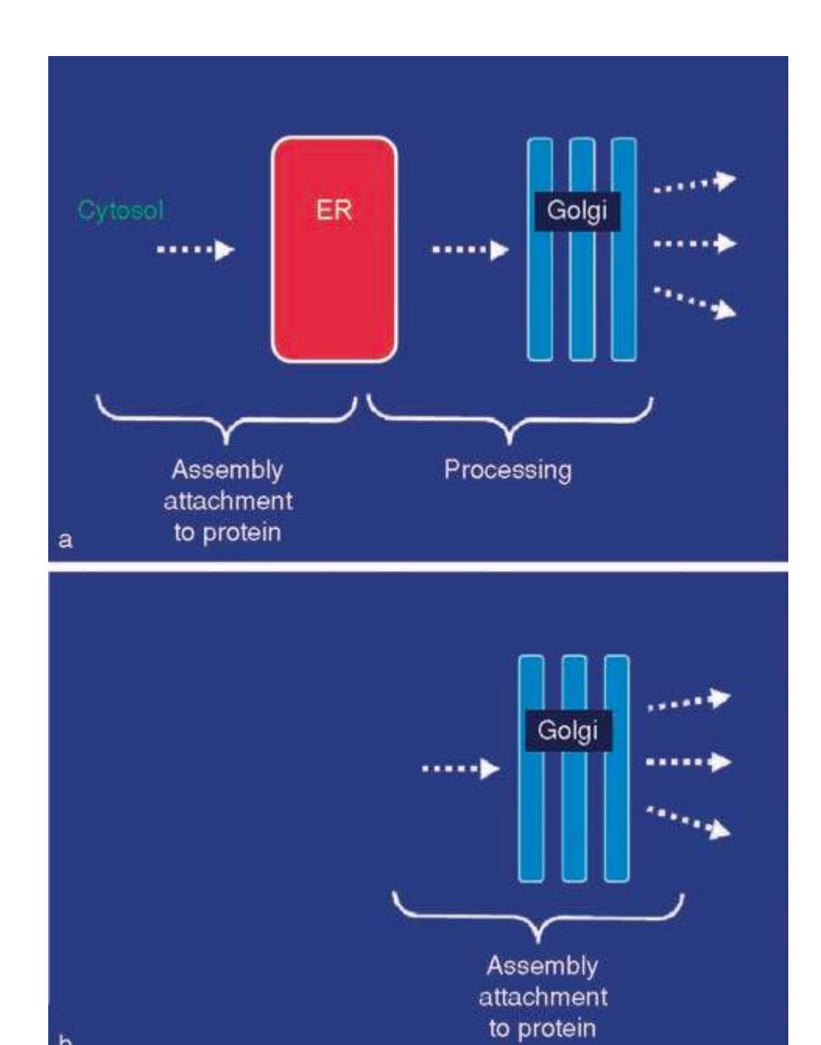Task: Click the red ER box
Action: tap(334, 280)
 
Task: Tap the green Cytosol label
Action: tap(121, 211)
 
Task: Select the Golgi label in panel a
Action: tap(577, 212)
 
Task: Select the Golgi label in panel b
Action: tap(568, 731)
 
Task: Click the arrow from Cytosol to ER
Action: tap(195, 250)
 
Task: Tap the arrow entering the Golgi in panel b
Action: tap(460, 769)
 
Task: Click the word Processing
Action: tap(507, 470)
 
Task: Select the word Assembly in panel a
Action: tap(227, 470)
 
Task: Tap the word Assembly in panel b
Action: tap(542, 966)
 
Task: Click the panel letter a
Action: tap(66, 539)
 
